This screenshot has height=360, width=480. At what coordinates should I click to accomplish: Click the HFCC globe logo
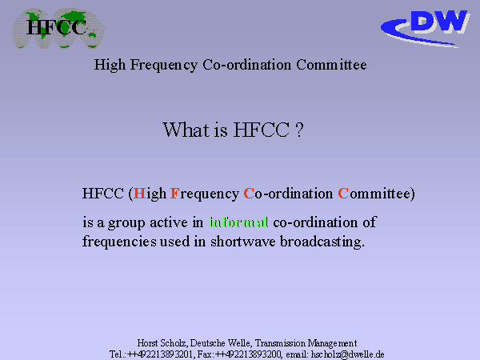pos(58,29)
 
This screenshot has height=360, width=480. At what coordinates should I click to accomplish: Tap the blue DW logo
pos(426,28)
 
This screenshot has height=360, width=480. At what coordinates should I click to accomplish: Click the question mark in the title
pos(300,130)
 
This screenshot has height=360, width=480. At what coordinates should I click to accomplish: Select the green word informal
pos(238,222)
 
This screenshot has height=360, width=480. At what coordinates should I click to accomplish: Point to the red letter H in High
pos(139,194)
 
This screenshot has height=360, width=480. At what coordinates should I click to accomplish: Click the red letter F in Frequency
pos(174,194)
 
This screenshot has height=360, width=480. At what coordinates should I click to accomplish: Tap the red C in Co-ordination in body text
pos(249,194)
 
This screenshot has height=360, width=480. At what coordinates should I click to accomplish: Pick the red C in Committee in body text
pos(343,194)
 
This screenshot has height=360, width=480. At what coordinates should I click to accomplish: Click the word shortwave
pos(242,242)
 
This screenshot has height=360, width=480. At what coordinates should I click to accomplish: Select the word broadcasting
pos(322,242)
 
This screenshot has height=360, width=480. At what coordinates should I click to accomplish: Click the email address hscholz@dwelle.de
pos(347,354)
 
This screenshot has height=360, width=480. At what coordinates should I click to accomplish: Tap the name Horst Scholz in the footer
pos(162,343)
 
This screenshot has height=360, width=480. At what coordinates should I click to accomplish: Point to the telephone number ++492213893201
pos(161,354)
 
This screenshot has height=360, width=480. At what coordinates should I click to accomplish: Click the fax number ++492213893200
pos(248,354)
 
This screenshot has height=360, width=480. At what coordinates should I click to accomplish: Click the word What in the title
pos(186,130)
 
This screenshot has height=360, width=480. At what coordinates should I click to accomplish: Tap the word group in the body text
pos(126,223)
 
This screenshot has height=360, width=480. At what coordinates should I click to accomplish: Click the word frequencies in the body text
pos(119,242)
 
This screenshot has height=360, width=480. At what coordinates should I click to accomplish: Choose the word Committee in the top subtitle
pos(331,65)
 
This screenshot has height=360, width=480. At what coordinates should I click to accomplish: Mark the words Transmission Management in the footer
pos(306,343)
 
